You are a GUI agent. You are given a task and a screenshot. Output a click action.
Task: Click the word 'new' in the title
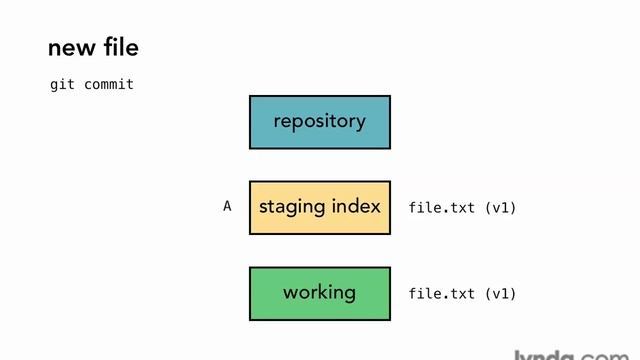click(x=70, y=48)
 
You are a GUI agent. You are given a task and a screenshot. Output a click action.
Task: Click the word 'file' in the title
click(x=119, y=47)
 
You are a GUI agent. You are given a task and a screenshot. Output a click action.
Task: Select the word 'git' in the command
click(x=63, y=85)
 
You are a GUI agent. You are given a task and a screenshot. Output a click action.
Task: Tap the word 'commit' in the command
click(x=109, y=85)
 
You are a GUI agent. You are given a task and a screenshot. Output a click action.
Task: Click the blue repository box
click(x=319, y=122)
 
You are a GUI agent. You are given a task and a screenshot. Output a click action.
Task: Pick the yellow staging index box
click(x=319, y=207)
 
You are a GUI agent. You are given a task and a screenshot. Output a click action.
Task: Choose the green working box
click(x=319, y=293)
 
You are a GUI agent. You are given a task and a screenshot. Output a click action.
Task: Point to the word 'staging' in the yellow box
click(x=293, y=208)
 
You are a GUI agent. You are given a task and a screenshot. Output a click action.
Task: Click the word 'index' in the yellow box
click(x=356, y=207)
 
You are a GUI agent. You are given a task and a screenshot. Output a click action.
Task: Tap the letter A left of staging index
click(x=227, y=206)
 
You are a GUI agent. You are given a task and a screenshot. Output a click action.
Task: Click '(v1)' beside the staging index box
click(x=500, y=208)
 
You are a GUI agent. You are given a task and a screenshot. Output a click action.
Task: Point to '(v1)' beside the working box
click(x=500, y=294)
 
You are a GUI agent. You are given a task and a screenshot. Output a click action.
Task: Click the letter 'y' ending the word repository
click(x=360, y=123)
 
